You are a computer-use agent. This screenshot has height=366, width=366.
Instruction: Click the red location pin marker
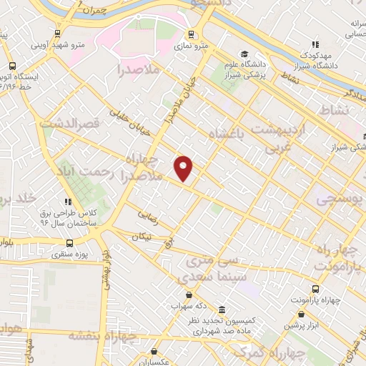click(x=184, y=168)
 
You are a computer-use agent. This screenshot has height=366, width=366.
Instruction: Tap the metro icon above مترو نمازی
click(x=191, y=34)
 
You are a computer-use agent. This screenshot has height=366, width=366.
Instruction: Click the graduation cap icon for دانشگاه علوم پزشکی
click(x=245, y=54)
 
